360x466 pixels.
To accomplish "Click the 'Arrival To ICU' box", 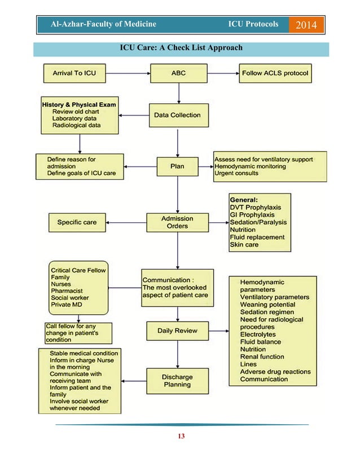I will [x=74, y=73].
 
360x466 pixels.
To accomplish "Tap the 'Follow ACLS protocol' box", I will [x=275, y=73].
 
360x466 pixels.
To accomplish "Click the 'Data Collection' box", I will [x=177, y=115].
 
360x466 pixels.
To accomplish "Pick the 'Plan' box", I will [x=177, y=166].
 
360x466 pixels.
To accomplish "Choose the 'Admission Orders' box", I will [x=177, y=222].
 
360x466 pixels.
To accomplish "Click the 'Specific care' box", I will [x=77, y=222].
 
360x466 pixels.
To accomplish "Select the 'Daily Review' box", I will [x=177, y=331].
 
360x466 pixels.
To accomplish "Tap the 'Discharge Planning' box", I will [x=177, y=381].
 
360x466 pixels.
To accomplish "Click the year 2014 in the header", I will [x=306, y=25].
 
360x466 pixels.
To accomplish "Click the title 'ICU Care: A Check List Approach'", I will [x=181, y=47].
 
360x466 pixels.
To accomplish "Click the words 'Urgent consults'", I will [x=237, y=173].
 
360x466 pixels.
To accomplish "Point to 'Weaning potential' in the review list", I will [x=267, y=305].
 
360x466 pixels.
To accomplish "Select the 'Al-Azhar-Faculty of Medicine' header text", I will [x=103, y=25].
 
